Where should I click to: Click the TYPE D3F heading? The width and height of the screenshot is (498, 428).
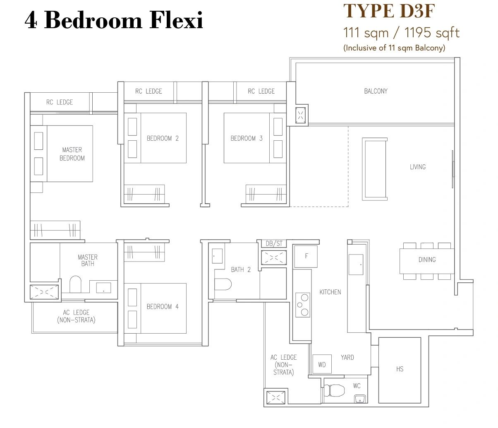click(389, 11)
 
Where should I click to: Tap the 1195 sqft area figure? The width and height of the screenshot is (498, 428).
click(432, 33)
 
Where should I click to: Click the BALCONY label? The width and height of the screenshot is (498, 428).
click(376, 91)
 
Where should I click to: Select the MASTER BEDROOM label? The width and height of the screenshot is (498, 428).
click(72, 154)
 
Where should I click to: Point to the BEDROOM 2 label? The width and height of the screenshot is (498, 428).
click(163, 138)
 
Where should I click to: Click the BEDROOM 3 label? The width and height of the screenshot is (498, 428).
click(247, 138)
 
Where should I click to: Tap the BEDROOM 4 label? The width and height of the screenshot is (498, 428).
click(163, 306)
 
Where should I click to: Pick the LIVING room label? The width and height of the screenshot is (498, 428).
click(418, 167)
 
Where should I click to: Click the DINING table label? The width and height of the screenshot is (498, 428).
click(427, 260)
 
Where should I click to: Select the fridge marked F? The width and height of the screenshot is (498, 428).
click(306, 256)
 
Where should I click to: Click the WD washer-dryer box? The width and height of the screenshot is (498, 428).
click(322, 364)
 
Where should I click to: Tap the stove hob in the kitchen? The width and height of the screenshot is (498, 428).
click(303, 305)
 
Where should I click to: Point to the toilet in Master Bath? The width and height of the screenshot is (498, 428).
click(75, 284)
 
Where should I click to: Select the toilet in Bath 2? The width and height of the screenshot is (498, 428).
click(223, 284)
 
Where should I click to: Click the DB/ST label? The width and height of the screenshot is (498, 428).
click(274, 243)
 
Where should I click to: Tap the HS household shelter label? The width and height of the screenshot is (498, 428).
click(400, 369)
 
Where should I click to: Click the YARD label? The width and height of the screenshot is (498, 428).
click(347, 357)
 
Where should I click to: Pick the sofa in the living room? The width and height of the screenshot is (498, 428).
click(375, 169)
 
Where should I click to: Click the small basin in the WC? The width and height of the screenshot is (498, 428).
click(360, 399)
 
